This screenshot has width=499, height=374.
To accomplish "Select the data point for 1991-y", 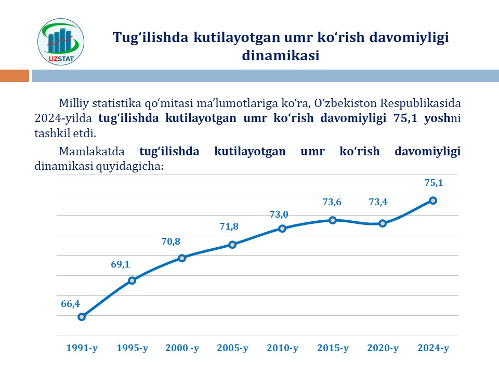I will click(x=82, y=317).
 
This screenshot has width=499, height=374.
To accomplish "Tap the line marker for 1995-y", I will click(x=132, y=280).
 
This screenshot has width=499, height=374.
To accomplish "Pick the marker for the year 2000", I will click(x=182, y=258).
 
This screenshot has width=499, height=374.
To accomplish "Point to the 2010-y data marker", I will click(x=282, y=229).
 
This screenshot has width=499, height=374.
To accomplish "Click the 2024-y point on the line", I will click(x=432, y=201).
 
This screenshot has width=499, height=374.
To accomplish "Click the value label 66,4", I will click(x=70, y=303).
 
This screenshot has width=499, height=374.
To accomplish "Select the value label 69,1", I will click(x=120, y=264).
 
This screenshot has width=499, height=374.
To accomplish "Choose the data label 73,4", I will click(x=378, y=203).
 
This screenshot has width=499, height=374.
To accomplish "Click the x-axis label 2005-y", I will click(x=232, y=348).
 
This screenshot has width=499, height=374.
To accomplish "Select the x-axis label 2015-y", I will click(x=333, y=348).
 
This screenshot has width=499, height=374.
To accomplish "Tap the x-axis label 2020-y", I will click(x=383, y=348).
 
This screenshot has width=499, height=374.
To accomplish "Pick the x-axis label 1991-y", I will click(x=82, y=348).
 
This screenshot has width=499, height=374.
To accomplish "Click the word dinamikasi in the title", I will click(x=280, y=56).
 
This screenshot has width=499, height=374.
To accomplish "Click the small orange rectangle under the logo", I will click(x=15, y=76).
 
